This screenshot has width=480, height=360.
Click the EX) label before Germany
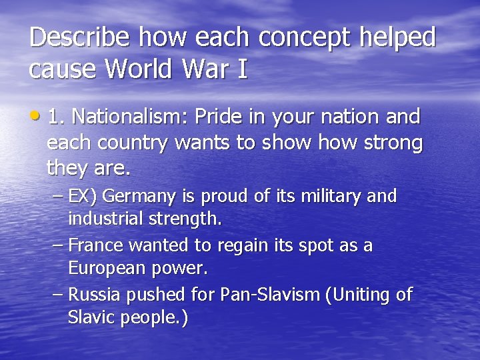84,197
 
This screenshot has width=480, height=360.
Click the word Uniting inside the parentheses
361,295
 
